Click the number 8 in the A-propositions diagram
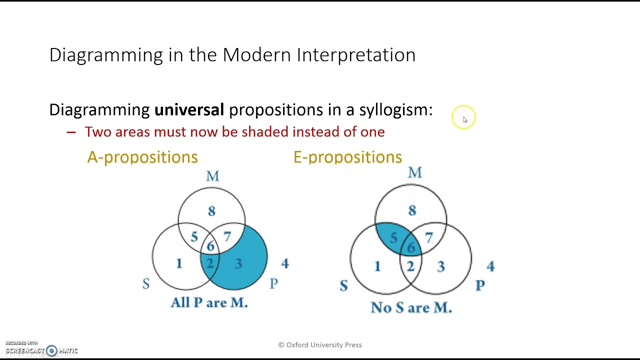click(211, 211)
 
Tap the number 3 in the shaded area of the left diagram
click(239, 263)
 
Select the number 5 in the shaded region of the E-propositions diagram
click(394, 237)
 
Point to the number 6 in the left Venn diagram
click(210, 246)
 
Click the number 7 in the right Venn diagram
click(429, 237)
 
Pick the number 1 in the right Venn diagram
click(377, 266)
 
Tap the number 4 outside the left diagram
click(285, 263)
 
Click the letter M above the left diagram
click(213, 176)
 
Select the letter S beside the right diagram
click(344, 285)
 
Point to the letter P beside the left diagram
click(273, 283)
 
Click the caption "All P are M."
click(209, 302)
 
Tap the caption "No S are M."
click(411, 307)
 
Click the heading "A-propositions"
click(142, 157)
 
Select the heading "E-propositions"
click(347, 157)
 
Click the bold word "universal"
click(189, 109)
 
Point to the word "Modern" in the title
click(256, 54)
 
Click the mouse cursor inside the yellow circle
click(465, 120)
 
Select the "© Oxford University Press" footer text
click(320, 345)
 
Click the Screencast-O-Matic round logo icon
click(51, 350)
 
